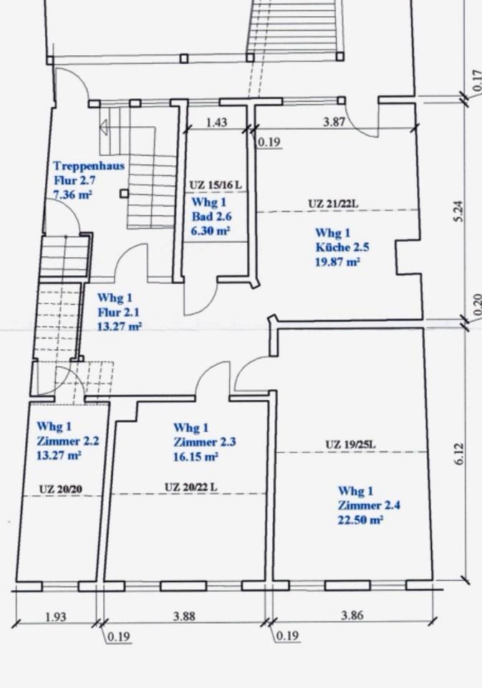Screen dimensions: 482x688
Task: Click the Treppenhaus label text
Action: [x=89, y=166]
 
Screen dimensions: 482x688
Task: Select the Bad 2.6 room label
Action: [x=212, y=216]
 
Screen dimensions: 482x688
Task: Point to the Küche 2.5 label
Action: [x=342, y=247]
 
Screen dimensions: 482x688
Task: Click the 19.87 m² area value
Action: [x=338, y=262]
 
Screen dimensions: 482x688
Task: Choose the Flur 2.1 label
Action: [x=116, y=312]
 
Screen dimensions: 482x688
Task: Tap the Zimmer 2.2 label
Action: [x=68, y=441]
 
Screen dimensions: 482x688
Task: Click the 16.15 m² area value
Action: [x=196, y=457]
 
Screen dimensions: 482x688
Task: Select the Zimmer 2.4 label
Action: [x=369, y=505]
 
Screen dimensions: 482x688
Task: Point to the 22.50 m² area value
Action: [x=360, y=520]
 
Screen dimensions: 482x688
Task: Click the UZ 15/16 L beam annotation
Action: [x=216, y=185]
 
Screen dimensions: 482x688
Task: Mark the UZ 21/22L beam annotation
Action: [x=333, y=204]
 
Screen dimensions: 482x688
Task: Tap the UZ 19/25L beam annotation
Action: [x=350, y=444]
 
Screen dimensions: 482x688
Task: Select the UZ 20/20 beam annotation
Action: [x=61, y=489]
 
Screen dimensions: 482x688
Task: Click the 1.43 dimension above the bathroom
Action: [x=217, y=122]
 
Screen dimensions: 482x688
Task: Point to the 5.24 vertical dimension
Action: [x=458, y=211]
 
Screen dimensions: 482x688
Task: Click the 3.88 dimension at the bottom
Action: [x=184, y=616]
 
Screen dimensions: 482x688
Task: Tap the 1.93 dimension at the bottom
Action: [x=56, y=617]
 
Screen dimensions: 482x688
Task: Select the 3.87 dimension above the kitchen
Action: [x=334, y=122]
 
